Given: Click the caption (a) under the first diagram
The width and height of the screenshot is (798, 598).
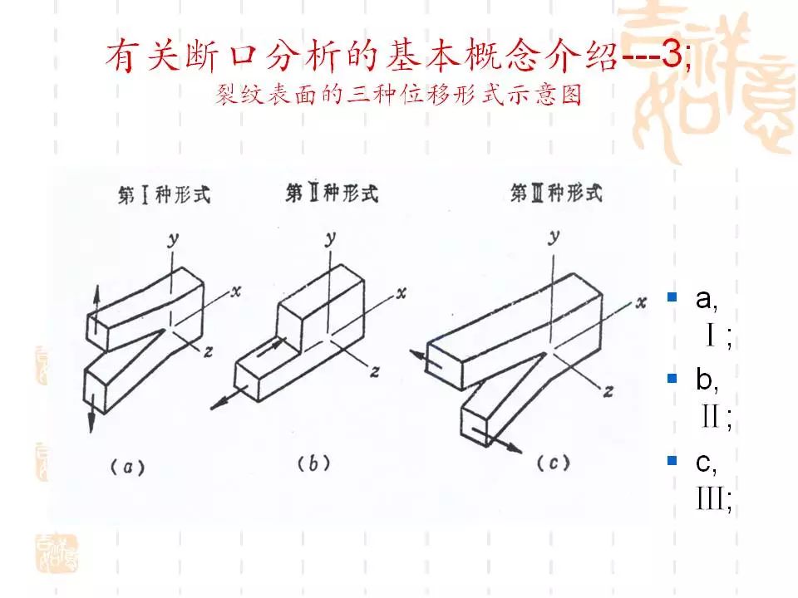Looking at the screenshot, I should coord(127,468).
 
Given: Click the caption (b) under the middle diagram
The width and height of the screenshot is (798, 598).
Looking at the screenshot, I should coord(313,464).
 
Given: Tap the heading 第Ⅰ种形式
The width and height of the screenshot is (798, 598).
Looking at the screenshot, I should coord(163,196).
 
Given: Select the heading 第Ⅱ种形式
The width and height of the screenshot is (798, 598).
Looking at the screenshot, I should coord(332,194).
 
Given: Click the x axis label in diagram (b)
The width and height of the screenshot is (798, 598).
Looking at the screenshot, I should coord(401,292).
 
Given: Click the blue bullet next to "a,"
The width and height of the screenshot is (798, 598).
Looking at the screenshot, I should coord(672,297).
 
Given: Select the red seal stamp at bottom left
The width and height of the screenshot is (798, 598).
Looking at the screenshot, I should coord(57,553).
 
